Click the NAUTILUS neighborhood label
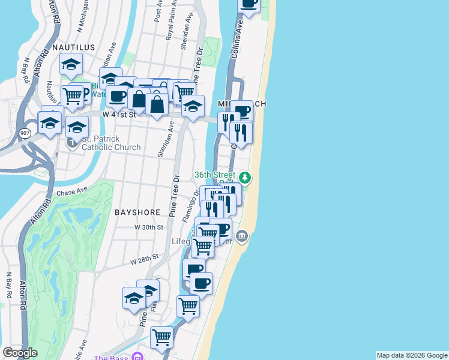tap(74, 46)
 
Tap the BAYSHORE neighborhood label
tap(137, 212)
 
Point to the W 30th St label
tap(149, 227)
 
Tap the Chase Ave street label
tap(72, 193)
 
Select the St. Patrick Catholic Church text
tap(111, 143)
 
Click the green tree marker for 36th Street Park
tap(244, 178)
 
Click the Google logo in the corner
tap(19, 352)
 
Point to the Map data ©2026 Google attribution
tap(412, 355)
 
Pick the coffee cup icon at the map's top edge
tap(248, 3)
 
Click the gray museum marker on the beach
tap(242, 236)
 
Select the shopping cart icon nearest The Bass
tap(161, 337)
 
